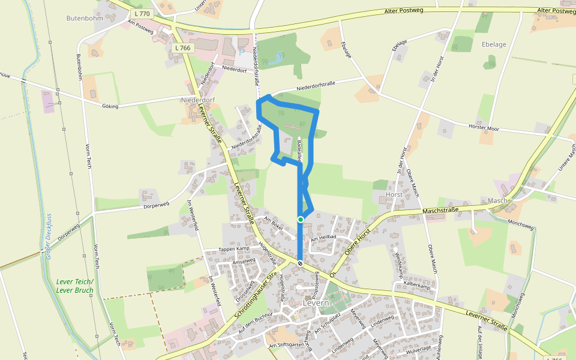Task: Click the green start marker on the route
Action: coord(301,220)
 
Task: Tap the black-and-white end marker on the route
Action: coord(300,263)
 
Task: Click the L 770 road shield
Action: coord(143,13)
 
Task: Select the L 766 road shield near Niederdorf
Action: coord(182,47)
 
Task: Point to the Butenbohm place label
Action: coord(85,18)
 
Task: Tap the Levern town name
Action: coord(316,302)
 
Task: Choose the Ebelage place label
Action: coord(494,44)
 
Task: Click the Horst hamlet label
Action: coord(394,195)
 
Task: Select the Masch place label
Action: coord(497,200)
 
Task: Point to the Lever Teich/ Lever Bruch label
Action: coord(75,286)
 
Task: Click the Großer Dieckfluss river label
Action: coord(47,238)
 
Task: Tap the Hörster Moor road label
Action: coord(485,128)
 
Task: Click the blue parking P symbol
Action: coord(241,52)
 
